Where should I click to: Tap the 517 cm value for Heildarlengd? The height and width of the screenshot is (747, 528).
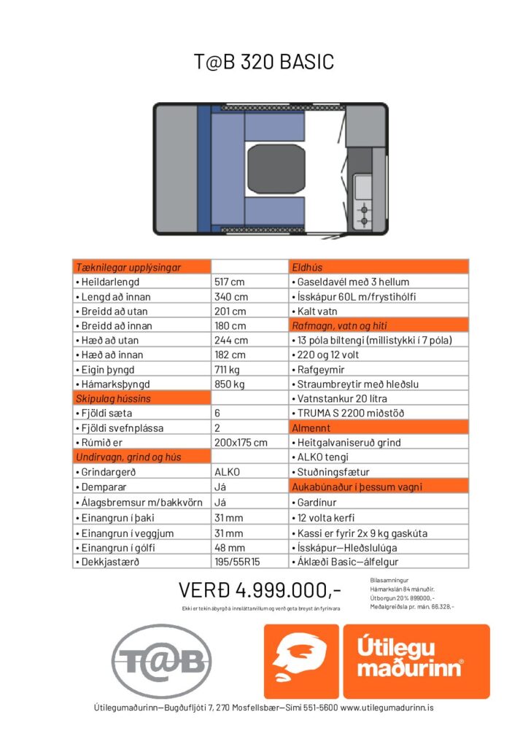pos(230,282)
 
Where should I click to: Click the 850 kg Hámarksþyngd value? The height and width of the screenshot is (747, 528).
pos(229,384)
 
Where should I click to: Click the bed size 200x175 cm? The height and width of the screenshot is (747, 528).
pos(241,443)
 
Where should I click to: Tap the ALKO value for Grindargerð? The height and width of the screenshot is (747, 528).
pos(227,472)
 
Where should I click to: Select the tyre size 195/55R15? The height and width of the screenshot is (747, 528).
pos(238,562)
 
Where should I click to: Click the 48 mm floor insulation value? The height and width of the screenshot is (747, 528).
pos(230,548)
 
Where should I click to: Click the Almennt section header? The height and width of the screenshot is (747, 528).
pos(311,428)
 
